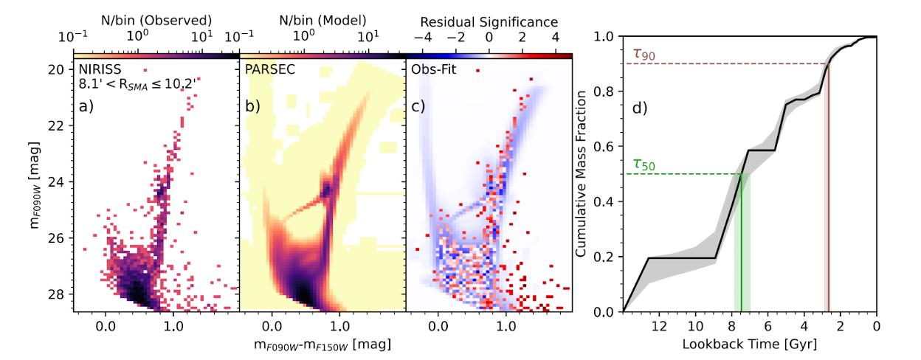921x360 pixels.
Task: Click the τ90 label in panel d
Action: [644, 54]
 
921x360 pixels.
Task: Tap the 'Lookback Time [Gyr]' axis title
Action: [749, 345]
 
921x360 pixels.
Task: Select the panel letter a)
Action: [87, 108]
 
